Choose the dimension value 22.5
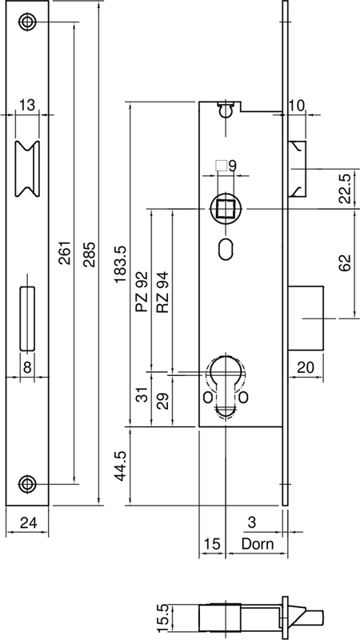click(345, 188)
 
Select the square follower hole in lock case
click(222, 209)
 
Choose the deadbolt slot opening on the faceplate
click(27, 318)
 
